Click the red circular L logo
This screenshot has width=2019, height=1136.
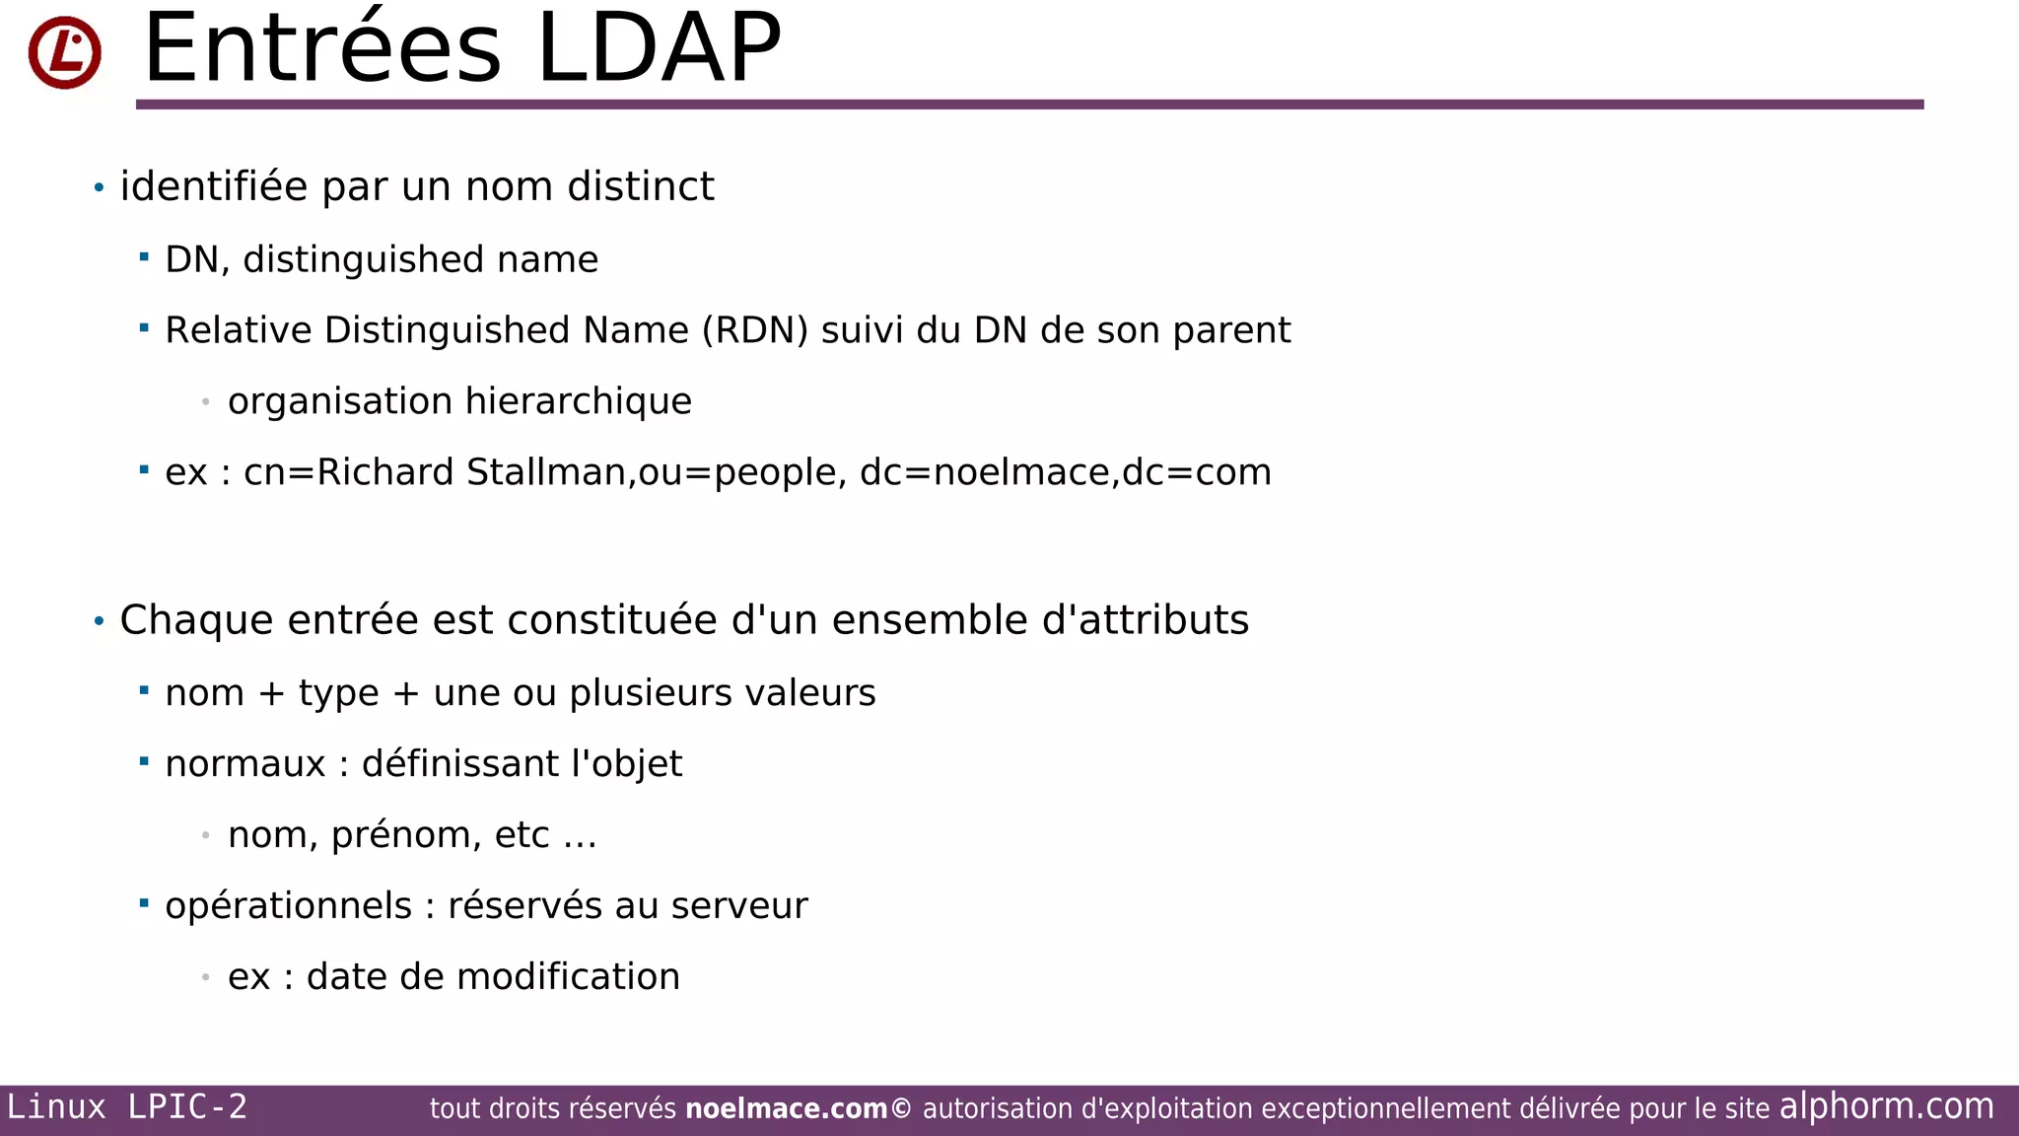64,52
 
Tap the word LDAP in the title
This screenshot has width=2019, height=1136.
659,49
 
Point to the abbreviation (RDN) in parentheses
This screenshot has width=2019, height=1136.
755,330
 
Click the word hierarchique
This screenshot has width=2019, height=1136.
579,401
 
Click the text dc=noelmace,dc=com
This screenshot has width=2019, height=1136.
1066,472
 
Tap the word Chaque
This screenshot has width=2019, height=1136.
196,621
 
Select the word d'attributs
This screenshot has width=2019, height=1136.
1146,620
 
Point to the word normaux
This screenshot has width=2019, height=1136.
244,764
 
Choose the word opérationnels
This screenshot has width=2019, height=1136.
288,906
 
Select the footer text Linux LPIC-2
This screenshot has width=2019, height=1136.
127,1106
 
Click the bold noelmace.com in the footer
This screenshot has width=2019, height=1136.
787,1109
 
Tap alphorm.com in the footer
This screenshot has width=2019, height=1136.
1886,1106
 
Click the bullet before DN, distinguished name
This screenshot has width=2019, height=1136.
144,257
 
